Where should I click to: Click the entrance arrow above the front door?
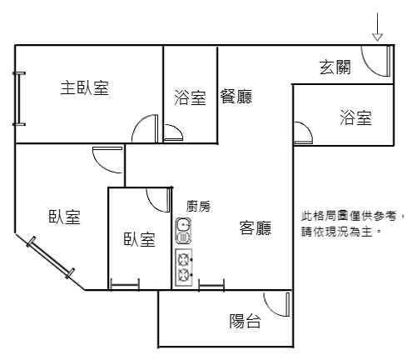[377, 27]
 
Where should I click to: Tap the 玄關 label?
[335, 67]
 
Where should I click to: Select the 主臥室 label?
[84, 87]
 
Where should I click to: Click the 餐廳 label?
[236, 97]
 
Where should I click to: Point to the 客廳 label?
[256, 228]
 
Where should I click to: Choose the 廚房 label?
[198, 206]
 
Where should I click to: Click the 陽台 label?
[245, 321]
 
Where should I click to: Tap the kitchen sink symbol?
[183, 231]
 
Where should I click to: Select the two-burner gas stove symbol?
[184, 267]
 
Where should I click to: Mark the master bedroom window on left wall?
[19, 98]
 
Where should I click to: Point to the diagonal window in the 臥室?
[51, 257]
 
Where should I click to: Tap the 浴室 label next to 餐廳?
[190, 97]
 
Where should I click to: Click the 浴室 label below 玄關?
[355, 117]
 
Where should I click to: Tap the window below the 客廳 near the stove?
[211, 286]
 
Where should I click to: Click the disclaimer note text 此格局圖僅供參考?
[349, 216]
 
